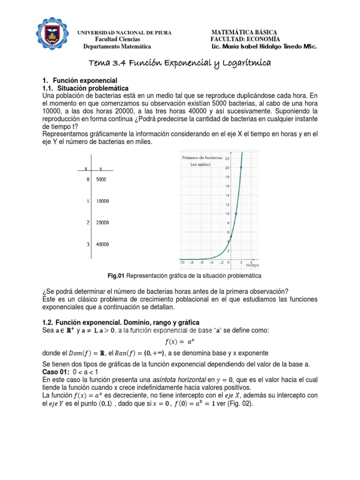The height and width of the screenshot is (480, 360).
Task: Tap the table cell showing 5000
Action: tap(103, 179)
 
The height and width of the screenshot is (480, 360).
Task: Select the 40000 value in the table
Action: tap(103, 244)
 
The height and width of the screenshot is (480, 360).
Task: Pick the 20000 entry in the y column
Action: tap(103, 223)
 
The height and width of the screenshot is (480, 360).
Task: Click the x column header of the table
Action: tap(85, 168)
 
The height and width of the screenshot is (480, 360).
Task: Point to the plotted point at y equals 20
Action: tap(241, 167)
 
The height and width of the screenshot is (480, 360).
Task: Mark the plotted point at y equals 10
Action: tap(236, 214)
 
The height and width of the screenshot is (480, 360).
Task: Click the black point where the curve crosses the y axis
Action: tap(231, 237)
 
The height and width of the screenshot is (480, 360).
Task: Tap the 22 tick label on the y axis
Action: tap(227, 158)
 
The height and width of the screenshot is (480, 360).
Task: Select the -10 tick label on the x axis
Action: tap(182, 263)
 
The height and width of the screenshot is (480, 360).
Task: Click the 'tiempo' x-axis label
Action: tap(252, 265)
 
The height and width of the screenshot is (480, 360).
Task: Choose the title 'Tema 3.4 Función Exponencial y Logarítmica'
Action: tap(180, 63)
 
